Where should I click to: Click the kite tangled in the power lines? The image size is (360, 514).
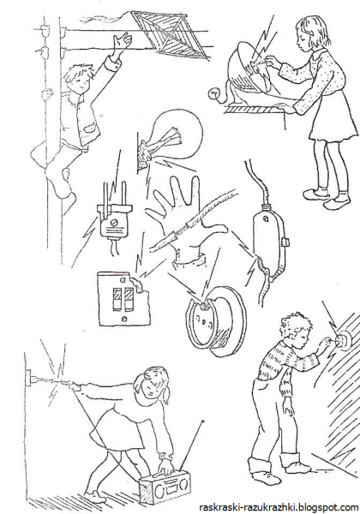[x=171, y=34]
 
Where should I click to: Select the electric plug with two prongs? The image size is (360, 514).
[x=114, y=212]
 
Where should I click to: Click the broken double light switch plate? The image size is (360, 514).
[x=124, y=298]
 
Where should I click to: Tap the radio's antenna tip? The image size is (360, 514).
[x=204, y=421]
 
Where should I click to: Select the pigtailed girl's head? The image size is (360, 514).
[x=153, y=383]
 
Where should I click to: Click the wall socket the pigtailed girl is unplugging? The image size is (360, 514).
[x=28, y=380]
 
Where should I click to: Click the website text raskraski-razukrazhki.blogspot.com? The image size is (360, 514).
[x=279, y=507]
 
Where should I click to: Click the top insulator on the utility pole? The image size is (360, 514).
[x=44, y=31]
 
